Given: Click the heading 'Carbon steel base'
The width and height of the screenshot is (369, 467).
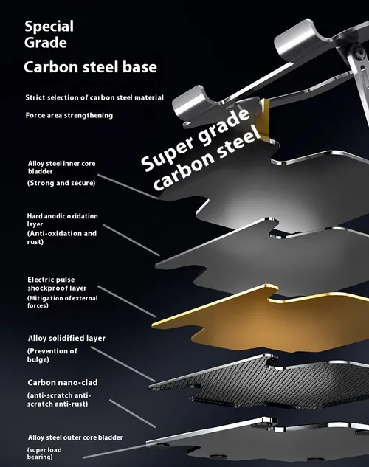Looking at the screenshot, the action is coord(90,67).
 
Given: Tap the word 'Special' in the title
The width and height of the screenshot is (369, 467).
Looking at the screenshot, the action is coord(49,27).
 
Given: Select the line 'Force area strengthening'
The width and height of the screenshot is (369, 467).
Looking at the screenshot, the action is coord(69,115).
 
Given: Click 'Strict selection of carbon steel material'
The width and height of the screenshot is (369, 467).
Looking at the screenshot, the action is coord(94,97).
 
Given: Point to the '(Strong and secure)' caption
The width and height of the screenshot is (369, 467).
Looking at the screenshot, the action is coord(61,183).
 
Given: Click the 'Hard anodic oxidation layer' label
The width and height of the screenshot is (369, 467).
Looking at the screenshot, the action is coord(62,220).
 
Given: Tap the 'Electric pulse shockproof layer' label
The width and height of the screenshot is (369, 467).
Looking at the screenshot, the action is coord(57,284).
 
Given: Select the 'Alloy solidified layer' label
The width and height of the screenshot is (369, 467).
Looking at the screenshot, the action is coord(66,339).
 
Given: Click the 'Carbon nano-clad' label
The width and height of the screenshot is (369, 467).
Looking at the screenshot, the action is coord(63,382).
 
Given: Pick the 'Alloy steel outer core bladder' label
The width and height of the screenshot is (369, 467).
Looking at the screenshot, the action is coord(75,437).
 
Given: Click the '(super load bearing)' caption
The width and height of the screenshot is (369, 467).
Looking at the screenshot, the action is coord(44,453).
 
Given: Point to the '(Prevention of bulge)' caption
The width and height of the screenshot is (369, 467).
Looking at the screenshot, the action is coord(52,355).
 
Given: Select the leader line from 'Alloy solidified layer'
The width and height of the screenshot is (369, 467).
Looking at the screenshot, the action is coord(123,364).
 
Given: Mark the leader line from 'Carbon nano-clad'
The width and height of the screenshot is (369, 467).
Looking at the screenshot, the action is coord(133,414).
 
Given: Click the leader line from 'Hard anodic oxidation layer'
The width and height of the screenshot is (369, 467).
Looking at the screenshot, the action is coord(131,240).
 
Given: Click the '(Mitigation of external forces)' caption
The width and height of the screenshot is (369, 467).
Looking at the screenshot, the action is coord(63,302).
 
